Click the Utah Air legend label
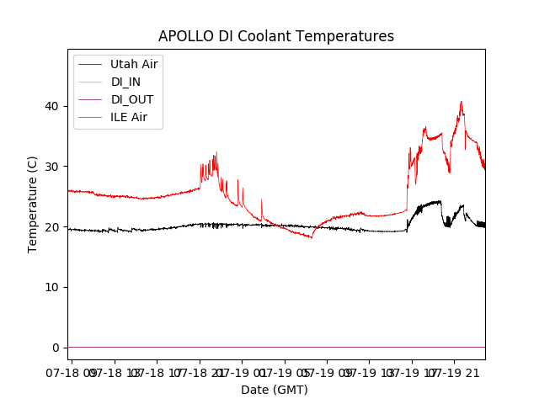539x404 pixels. point(134,64)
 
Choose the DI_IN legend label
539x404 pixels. point(126,82)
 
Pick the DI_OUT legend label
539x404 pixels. point(132,99)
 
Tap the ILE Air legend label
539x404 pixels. point(129,117)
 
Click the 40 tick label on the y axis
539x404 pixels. point(54,106)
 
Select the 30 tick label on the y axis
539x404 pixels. point(54,167)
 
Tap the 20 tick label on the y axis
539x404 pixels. point(54,227)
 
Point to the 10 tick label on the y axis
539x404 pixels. point(54,287)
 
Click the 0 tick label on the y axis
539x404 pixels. point(57,348)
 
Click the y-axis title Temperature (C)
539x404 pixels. point(33,205)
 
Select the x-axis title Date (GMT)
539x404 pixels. point(275,390)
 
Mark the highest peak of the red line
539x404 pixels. point(461,102)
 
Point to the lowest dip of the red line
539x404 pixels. point(312,238)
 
